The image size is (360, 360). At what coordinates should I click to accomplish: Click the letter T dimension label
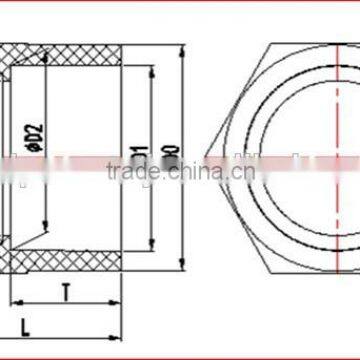[66, 294]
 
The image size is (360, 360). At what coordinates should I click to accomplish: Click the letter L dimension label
[26, 325]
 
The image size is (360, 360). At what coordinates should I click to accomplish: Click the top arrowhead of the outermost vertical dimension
[181, 46]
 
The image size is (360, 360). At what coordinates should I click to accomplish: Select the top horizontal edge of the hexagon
[310, 46]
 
